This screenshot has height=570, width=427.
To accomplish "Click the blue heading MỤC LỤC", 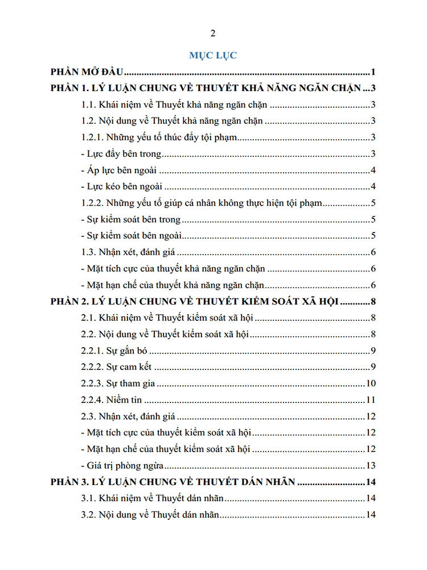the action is (x=213, y=55).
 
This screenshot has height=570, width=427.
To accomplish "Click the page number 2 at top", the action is (x=213, y=32).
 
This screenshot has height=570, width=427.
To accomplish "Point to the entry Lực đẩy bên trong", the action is (x=122, y=154).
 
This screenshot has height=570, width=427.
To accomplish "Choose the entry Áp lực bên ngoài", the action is (x=120, y=170).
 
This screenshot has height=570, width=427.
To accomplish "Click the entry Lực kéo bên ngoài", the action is (x=122, y=186).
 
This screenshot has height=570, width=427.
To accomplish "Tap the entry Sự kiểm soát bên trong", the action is (x=132, y=219).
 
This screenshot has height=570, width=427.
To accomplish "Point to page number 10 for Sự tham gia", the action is (x=370, y=384).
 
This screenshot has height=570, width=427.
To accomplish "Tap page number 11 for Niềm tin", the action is (x=370, y=400).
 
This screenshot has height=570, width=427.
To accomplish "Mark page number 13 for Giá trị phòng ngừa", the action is (x=370, y=465).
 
